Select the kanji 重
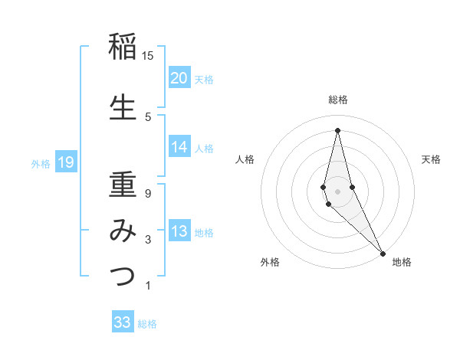(x=123, y=184)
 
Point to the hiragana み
(x=123, y=231)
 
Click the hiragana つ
(x=123, y=276)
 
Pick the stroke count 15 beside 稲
(x=148, y=56)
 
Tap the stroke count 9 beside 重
(x=148, y=193)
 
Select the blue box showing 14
(x=179, y=147)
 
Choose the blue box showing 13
(x=179, y=231)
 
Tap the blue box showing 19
(x=65, y=162)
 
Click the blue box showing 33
(x=123, y=322)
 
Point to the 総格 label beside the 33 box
(x=147, y=324)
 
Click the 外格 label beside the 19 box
(x=41, y=164)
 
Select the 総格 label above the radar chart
(x=337, y=100)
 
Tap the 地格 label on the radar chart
(x=402, y=262)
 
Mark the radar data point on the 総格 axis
(x=337, y=129)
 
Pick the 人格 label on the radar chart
(x=245, y=159)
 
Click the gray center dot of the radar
(x=337, y=191)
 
